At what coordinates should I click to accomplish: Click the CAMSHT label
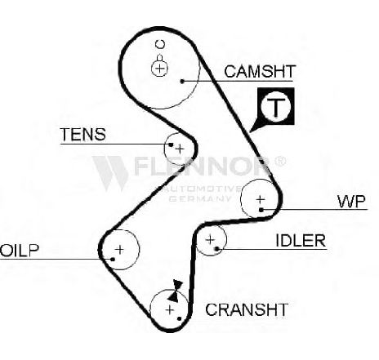tap(260, 71)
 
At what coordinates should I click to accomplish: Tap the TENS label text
tap(83, 134)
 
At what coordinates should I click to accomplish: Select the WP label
tap(351, 202)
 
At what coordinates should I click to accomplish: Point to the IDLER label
tap(301, 240)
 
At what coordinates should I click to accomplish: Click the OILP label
tap(20, 251)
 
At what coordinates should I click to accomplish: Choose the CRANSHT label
tap(247, 309)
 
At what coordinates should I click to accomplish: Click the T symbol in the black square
tap(276, 106)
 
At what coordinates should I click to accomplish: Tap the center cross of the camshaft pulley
tap(159, 68)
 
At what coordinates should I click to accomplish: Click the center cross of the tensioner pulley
tap(180, 149)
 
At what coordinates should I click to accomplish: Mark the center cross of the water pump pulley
tap(261, 200)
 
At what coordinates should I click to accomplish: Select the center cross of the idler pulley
tap(210, 240)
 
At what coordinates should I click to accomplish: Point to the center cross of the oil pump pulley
tap(120, 249)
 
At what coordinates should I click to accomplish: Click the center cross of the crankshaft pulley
tap(170, 309)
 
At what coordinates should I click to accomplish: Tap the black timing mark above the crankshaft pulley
tap(176, 291)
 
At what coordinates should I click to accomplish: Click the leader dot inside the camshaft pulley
tap(183, 81)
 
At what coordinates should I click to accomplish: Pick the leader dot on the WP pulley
tap(261, 210)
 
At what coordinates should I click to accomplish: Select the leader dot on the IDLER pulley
tap(216, 249)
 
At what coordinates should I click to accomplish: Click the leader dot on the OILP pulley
tap(113, 259)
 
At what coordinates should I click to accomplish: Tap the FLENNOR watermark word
tap(203, 166)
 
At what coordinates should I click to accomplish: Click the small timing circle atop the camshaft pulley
tap(160, 44)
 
